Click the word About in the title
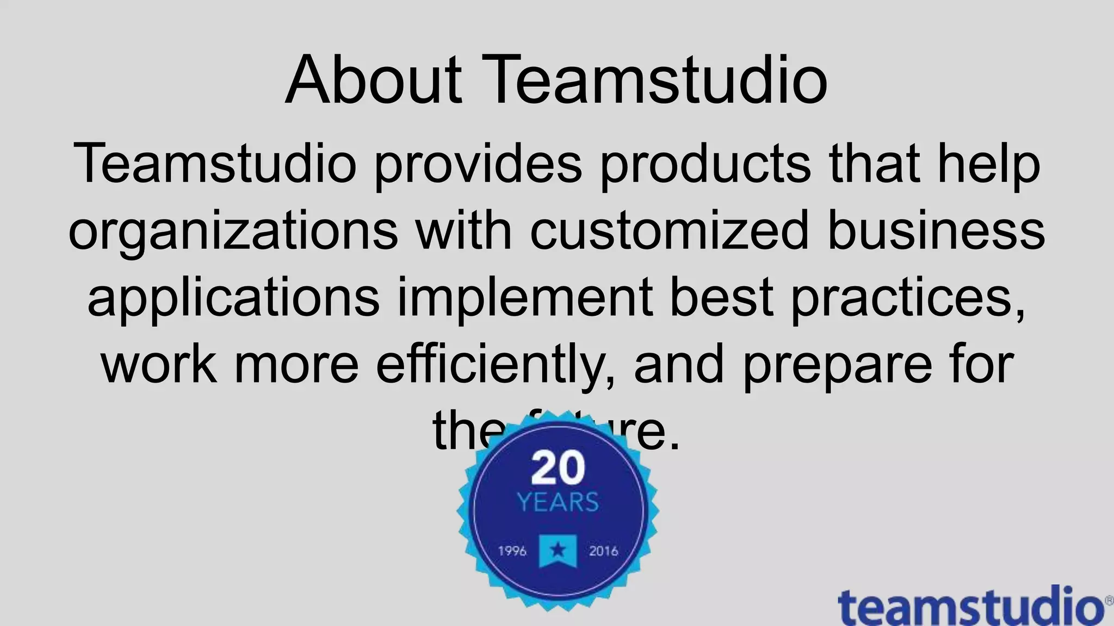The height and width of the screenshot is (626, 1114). point(374,80)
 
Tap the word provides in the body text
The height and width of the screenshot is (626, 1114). point(478,164)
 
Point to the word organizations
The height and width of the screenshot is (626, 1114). point(233,231)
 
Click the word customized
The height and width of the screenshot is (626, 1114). point(670,230)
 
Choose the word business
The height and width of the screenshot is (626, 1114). point(936,230)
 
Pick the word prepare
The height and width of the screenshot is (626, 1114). point(837,365)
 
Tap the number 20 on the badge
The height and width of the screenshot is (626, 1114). point(558,468)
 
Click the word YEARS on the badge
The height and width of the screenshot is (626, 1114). point(558,502)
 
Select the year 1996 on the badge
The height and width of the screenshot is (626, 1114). point(512,551)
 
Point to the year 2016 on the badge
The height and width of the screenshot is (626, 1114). point(603,551)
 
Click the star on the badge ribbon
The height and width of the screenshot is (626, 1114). point(558,550)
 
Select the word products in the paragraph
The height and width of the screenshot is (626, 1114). point(705,164)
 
